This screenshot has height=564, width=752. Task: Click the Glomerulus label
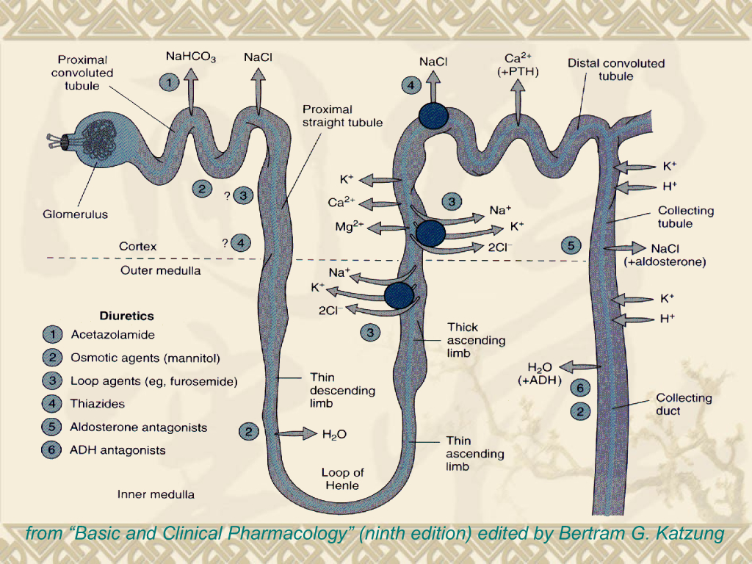tap(75, 214)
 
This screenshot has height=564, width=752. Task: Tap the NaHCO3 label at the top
tap(190, 57)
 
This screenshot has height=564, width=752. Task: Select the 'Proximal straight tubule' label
tap(342, 116)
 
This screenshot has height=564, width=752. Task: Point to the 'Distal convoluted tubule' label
tap(615, 70)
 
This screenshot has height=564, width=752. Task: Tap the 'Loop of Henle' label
tap(342, 479)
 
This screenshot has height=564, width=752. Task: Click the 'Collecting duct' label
tap(684, 404)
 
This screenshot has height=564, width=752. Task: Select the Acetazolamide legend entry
tap(112, 335)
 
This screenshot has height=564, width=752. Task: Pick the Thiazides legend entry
tap(97, 403)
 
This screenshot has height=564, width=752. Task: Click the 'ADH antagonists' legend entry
tap(117, 450)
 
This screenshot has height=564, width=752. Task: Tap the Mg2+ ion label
tap(349, 226)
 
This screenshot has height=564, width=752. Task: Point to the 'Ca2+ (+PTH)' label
tap(518, 65)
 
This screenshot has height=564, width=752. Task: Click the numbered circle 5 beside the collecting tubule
tap(571, 246)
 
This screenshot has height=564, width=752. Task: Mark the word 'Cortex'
tap(138, 247)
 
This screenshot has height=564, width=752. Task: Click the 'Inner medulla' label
tap(156, 494)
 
